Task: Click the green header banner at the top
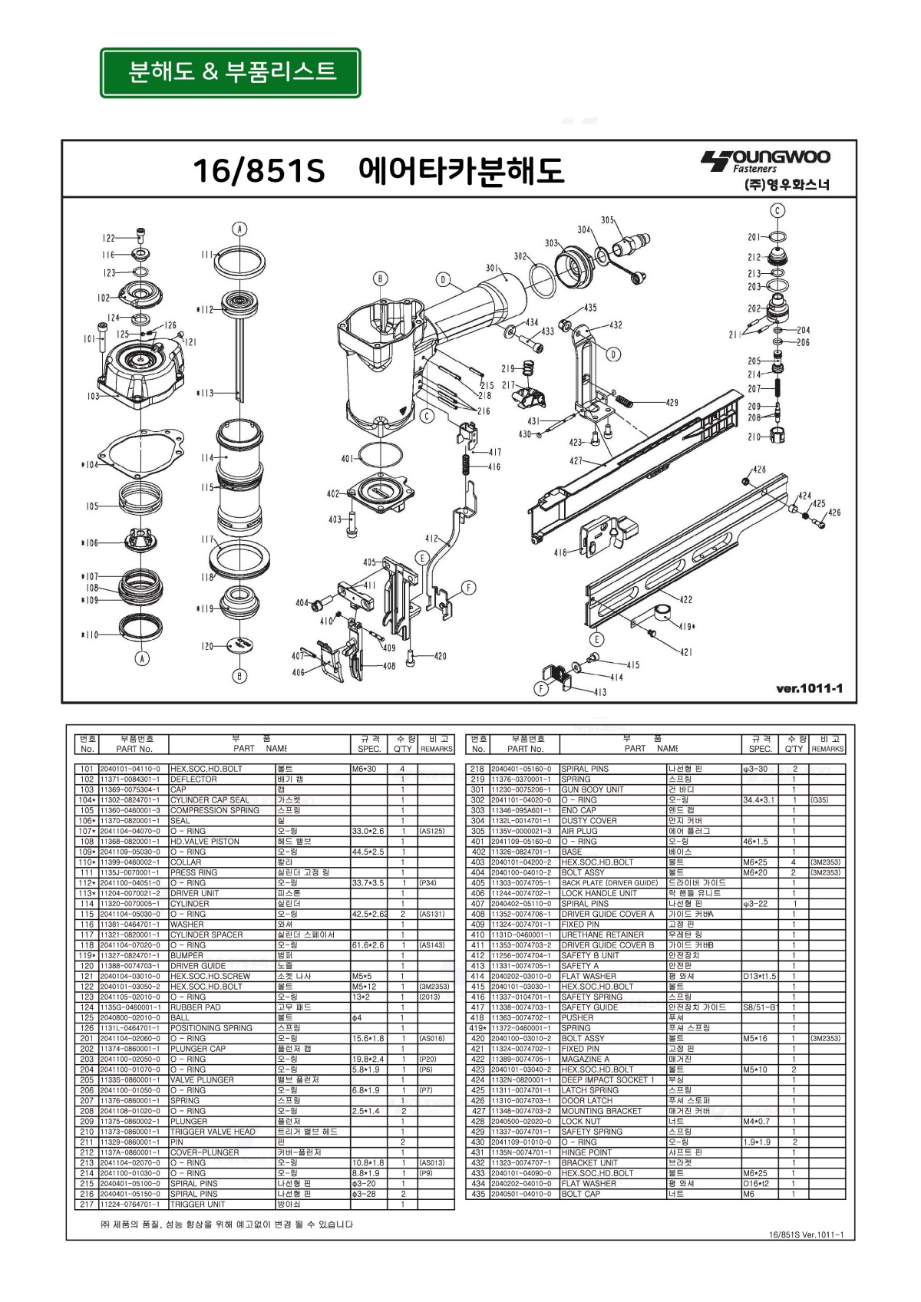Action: pyautogui.click(x=230, y=73)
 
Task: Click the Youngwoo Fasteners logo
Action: pyautogui.click(x=765, y=170)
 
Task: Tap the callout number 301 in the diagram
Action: pyautogui.click(x=492, y=269)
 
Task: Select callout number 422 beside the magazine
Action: pyautogui.click(x=685, y=600)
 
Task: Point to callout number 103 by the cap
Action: pyautogui.click(x=93, y=396)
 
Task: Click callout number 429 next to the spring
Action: pyautogui.click(x=672, y=403)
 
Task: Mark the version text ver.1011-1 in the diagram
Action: pyautogui.click(x=809, y=688)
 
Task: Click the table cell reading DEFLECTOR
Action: pyautogui.click(x=193, y=779)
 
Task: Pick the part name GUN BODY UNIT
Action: pyautogui.click(x=592, y=789)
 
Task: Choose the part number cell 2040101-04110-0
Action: pyautogui.click(x=130, y=769)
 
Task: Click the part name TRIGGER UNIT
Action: pyautogui.click(x=198, y=1204)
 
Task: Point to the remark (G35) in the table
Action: pyautogui.click(x=820, y=799)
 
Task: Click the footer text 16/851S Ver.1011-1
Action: pyautogui.click(x=805, y=1234)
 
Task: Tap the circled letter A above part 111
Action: pyautogui.click(x=239, y=229)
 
